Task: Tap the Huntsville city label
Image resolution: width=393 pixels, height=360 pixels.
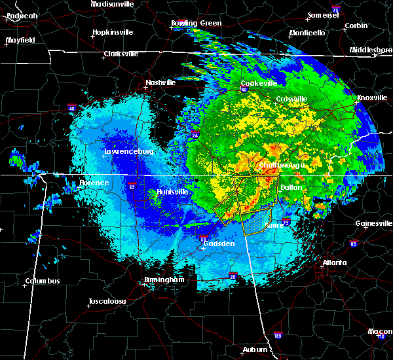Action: pos(172,192)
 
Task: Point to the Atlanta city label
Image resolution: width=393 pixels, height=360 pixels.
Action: pos(334,263)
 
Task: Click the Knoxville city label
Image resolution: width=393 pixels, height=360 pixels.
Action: pos(372,98)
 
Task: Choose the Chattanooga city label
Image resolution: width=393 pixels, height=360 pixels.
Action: pos(281,166)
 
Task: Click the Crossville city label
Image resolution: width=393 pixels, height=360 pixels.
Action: pos(291,99)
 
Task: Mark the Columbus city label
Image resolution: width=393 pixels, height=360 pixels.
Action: pos(43,281)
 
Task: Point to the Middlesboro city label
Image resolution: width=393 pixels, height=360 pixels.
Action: pos(371,50)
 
